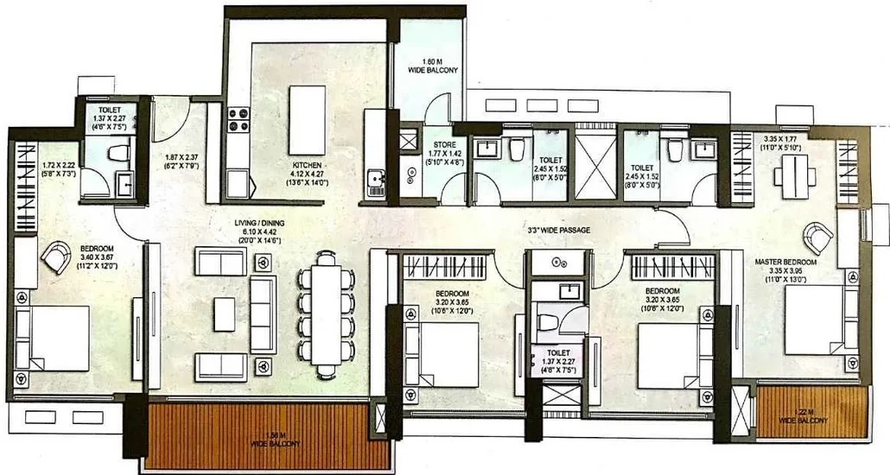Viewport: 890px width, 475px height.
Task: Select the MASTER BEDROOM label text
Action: [785, 262]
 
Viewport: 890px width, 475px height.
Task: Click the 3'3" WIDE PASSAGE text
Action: [560, 231]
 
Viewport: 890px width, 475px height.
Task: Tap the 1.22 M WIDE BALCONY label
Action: [804, 415]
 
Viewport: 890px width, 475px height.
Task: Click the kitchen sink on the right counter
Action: [376, 181]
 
